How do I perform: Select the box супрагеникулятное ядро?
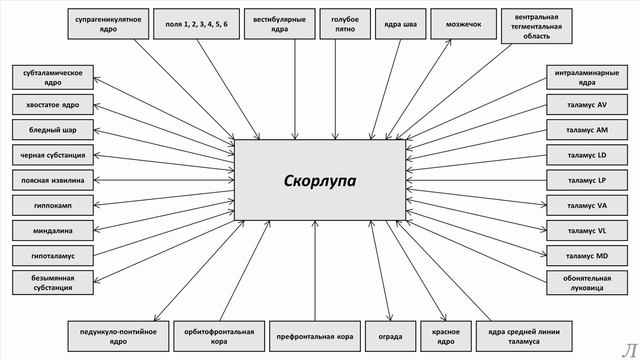coord(107,24)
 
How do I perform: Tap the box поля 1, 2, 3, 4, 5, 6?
coord(197,24)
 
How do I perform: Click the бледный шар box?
coord(54,129)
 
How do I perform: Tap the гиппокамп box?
coord(54,205)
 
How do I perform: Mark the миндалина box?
coord(54,230)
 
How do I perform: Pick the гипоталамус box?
coord(54,256)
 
